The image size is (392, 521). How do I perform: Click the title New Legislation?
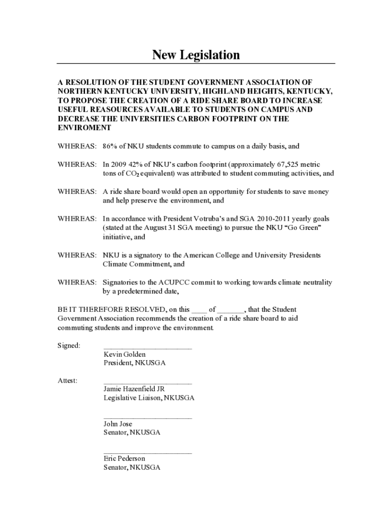pos(196,55)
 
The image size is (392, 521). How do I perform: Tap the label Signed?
pos(69,345)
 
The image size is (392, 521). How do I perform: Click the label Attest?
pos(67,381)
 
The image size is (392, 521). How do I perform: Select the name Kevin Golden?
pos(125,354)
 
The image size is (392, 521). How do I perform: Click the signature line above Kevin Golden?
pos(148,348)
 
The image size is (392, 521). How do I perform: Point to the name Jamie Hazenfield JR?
pos(134,389)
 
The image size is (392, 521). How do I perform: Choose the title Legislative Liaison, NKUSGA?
pos(149,398)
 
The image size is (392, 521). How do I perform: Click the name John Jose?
pos(118,424)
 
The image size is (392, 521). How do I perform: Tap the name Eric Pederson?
pos(124,458)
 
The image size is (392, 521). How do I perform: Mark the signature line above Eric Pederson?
pos(148,452)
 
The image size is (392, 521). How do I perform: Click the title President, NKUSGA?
pos(134,363)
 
